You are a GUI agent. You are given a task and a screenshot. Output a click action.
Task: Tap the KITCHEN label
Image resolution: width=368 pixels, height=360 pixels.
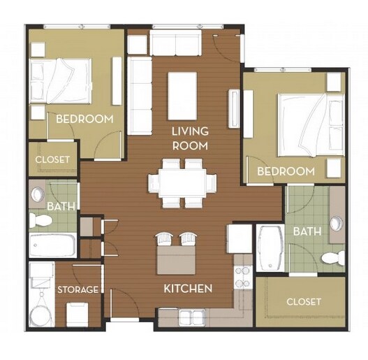tap(188, 288)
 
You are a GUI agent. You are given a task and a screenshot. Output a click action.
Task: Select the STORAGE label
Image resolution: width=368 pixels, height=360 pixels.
tap(78, 289)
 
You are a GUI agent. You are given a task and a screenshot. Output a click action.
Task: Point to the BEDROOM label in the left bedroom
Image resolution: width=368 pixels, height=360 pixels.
tap(84, 119)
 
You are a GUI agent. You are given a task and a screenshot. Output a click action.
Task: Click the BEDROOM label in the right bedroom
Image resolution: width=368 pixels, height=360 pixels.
tap(286, 171)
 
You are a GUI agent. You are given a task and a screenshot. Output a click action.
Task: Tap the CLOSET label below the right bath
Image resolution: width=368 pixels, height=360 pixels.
tap(304, 301)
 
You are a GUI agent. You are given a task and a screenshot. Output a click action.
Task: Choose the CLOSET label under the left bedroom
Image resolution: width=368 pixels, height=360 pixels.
tap(52, 159)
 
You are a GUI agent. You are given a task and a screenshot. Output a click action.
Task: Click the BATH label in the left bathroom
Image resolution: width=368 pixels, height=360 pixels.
tap(57, 206)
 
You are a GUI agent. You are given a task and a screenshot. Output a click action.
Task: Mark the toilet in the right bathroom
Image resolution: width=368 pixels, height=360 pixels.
tap(331, 258)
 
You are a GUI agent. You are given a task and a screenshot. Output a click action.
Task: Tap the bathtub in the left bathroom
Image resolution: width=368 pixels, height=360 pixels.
tap(53, 246)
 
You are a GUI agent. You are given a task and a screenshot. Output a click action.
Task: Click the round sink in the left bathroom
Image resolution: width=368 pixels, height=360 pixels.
tap(38, 195)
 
